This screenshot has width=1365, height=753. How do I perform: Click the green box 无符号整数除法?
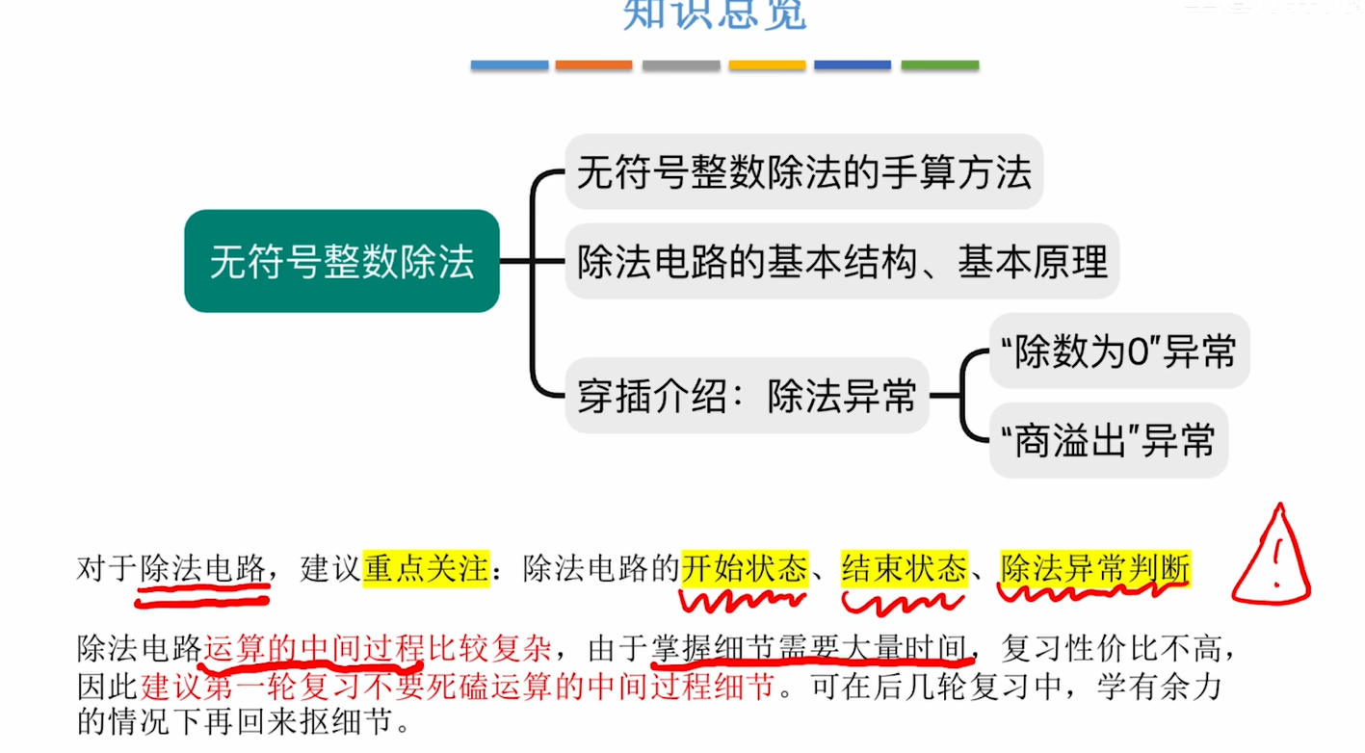tap(342, 261)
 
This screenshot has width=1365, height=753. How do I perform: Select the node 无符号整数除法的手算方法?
tap(803, 172)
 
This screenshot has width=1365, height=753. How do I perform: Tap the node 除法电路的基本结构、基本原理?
tap(842, 261)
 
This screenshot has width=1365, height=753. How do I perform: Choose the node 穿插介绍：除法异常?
tap(747, 396)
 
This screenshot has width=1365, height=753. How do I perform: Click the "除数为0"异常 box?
tap(1118, 351)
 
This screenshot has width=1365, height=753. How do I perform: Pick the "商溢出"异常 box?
tap(1108, 442)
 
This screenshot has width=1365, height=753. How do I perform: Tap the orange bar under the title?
tap(594, 65)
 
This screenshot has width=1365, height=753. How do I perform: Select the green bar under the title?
tap(940, 65)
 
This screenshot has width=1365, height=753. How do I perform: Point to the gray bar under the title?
tap(681, 65)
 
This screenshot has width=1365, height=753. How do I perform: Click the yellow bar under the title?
tap(767, 65)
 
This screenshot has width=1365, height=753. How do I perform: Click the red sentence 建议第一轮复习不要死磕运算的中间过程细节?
tap(458, 687)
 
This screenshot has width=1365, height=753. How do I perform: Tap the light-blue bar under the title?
tap(510, 65)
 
